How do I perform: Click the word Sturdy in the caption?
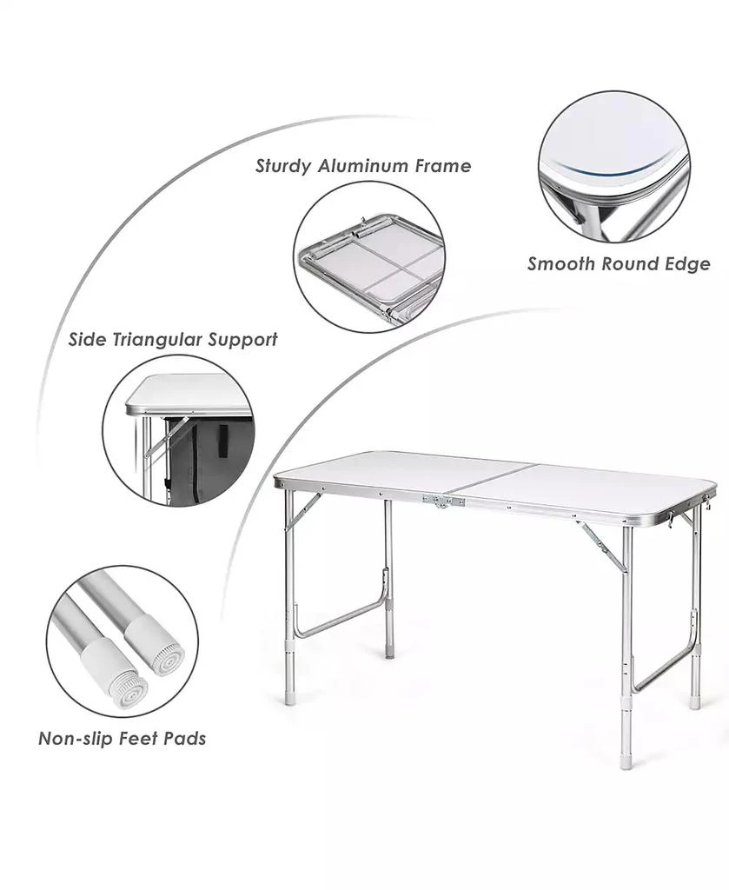click(x=283, y=166)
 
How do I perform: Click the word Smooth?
click(x=561, y=264)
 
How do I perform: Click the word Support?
click(x=242, y=341)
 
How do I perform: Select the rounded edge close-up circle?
click(x=614, y=167)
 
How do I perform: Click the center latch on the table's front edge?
click(x=444, y=501)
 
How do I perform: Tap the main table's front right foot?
click(x=626, y=761)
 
